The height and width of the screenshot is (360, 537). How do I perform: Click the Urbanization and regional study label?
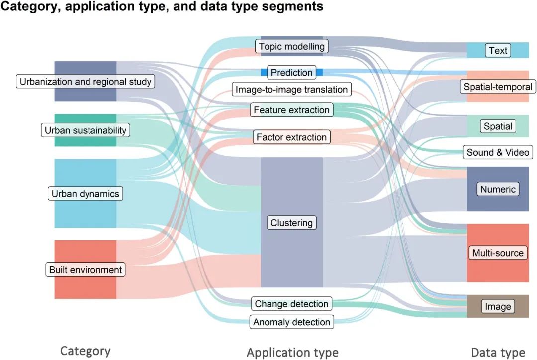(85, 81)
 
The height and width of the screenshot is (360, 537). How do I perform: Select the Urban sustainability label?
(85, 130)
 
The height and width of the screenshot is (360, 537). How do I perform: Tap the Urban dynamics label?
(85, 194)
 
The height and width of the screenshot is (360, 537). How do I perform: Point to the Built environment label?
(85, 270)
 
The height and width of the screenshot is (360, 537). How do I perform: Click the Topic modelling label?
(291, 47)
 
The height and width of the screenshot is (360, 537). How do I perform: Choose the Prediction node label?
(291, 73)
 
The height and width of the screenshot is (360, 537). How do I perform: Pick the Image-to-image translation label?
(291, 90)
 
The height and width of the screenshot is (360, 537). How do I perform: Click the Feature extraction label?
(291, 110)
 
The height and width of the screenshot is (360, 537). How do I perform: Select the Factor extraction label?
(291, 137)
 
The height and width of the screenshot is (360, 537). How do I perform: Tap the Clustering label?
(291, 223)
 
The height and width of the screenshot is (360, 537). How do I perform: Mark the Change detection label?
(291, 304)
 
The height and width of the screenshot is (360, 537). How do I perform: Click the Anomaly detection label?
(291, 322)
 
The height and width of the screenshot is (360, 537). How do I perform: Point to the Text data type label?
(498, 50)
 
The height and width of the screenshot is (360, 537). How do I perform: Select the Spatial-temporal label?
(498, 87)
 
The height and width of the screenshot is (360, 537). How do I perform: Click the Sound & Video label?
(498, 152)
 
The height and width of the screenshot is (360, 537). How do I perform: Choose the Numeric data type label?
(498, 189)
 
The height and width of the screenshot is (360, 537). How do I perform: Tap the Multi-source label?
(498, 253)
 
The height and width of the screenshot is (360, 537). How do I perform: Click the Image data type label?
(498, 306)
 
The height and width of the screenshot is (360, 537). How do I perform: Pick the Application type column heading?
(292, 353)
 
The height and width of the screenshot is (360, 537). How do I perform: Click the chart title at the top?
(162, 7)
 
